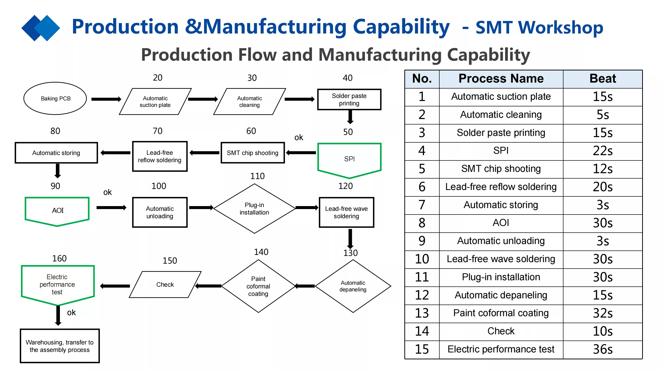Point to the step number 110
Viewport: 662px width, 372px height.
click(257, 176)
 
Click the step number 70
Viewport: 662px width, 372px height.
click(158, 131)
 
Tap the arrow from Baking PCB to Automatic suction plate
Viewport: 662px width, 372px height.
click(106, 99)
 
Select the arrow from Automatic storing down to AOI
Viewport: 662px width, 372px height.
click(58, 171)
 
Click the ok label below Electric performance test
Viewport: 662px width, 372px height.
click(71, 312)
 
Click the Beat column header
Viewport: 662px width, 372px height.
click(603, 79)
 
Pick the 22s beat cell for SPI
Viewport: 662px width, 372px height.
click(603, 151)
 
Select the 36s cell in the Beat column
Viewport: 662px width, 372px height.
click(603, 350)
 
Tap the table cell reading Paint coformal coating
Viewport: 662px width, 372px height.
click(501, 313)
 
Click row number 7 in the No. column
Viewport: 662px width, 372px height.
click(422, 205)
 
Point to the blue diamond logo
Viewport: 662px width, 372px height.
click(41, 28)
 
